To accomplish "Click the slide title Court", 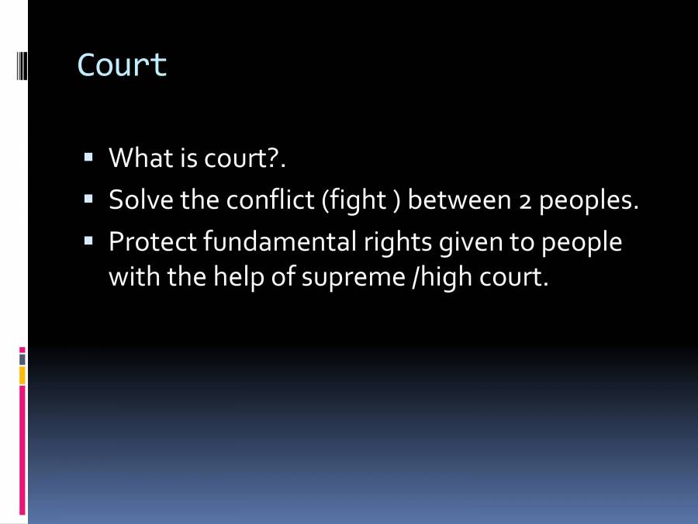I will [x=123, y=65].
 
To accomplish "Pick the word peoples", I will [x=588, y=201].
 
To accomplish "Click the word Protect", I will [x=152, y=241].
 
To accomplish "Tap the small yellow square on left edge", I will [x=22, y=376].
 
